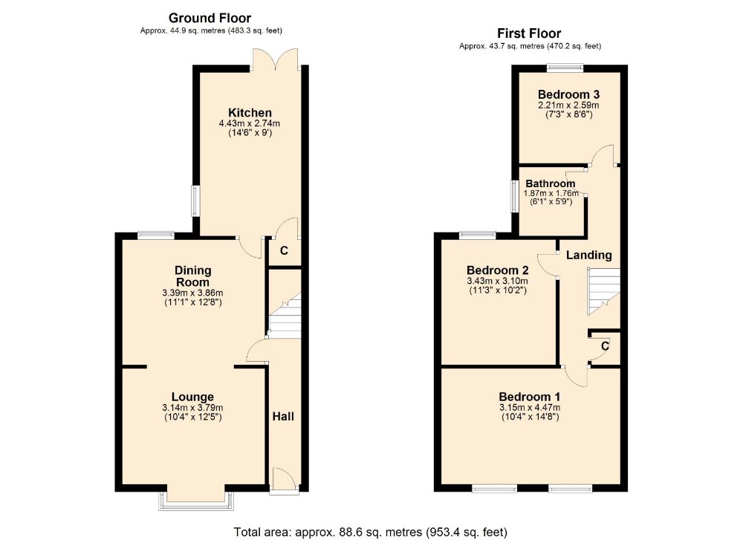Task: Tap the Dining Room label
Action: [x=192, y=276]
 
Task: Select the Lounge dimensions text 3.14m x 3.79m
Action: [x=192, y=408]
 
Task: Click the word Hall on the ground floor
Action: [x=282, y=416]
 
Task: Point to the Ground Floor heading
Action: [x=210, y=18]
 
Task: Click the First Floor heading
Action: [x=529, y=33]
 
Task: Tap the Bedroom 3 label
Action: [x=568, y=94]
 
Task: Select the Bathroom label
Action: [x=550, y=183]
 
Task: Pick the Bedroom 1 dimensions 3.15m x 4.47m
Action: [x=529, y=407]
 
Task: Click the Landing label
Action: [x=589, y=255]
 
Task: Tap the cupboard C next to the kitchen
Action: [x=283, y=252]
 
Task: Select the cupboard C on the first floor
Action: [x=605, y=346]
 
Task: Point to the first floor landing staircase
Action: [x=603, y=291]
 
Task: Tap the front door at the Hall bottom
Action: [x=285, y=481]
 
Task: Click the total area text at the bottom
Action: [x=370, y=532]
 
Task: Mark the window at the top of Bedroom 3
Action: [x=565, y=68]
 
